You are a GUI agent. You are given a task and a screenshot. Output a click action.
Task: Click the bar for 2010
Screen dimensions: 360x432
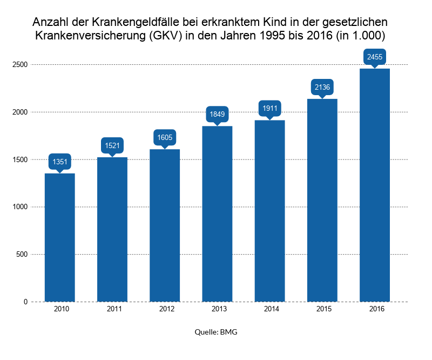[59, 238]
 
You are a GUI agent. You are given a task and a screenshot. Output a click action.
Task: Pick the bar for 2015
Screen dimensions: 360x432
[322, 201]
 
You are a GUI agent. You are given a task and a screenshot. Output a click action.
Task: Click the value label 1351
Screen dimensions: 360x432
[59, 161]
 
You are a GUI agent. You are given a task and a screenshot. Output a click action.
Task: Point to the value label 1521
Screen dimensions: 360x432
[112, 145]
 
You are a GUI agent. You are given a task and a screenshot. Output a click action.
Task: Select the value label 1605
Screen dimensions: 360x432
[165, 137]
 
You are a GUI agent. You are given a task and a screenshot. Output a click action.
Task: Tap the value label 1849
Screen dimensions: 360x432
[217, 114]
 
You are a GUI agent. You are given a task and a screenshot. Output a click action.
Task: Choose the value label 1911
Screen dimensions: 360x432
[270, 108]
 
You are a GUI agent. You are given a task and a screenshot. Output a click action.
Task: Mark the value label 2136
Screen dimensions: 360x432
[322, 87]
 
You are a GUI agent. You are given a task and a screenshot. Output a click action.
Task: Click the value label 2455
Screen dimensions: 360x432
[375, 57]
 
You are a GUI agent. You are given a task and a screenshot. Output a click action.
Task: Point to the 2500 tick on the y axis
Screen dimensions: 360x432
[21, 65]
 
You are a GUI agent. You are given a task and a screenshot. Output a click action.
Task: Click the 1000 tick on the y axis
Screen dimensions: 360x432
[21, 207]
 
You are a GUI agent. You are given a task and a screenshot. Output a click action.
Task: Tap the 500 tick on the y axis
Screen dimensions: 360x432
[22, 255]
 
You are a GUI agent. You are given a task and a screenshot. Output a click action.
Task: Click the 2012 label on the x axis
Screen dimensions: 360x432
[165, 309]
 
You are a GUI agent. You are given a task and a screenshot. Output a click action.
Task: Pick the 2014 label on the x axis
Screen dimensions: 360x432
[270, 309]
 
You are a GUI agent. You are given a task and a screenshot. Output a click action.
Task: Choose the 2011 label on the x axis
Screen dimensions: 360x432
[112, 309]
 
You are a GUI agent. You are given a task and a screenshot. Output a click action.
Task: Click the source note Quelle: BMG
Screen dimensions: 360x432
[216, 332]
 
